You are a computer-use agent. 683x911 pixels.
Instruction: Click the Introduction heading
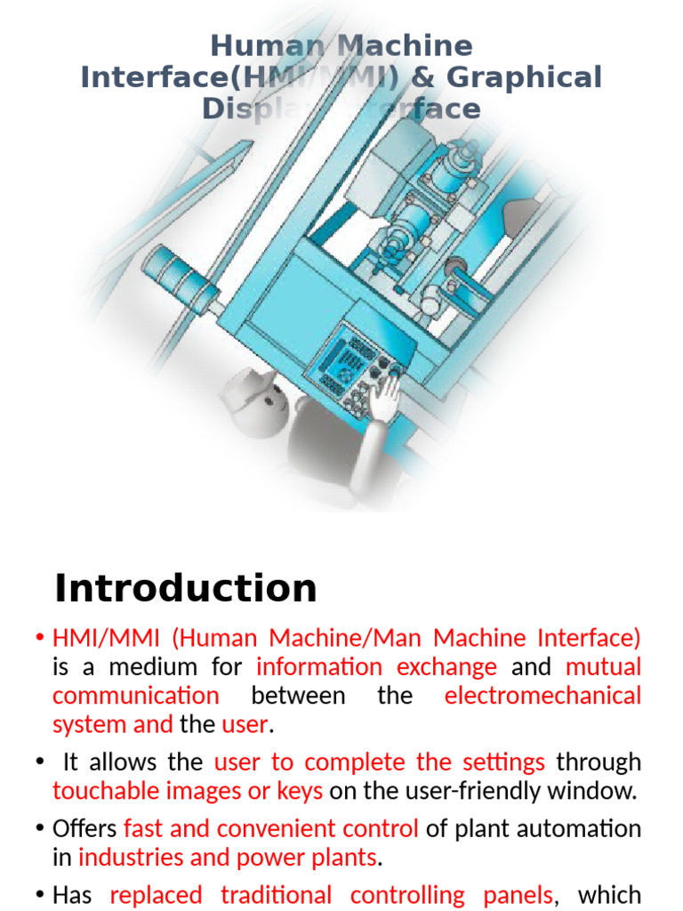coord(185,588)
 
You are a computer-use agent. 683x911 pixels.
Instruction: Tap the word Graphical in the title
coord(524,77)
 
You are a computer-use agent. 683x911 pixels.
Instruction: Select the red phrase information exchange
coord(376,666)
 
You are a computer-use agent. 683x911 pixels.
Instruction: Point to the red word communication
coord(135,695)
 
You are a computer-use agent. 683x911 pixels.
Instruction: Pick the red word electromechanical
coord(542,695)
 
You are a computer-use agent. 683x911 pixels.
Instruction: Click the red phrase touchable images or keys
coord(188,790)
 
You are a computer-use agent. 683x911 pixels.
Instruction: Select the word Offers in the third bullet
coord(84,828)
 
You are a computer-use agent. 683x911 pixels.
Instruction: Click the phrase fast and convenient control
coord(271,828)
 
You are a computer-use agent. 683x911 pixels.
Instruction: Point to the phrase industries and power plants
coord(228,858)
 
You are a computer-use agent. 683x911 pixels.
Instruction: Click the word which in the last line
coord(609,894)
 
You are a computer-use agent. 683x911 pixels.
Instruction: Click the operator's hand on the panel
coord(385,395)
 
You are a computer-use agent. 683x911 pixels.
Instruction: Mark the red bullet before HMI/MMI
coord(41,638)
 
